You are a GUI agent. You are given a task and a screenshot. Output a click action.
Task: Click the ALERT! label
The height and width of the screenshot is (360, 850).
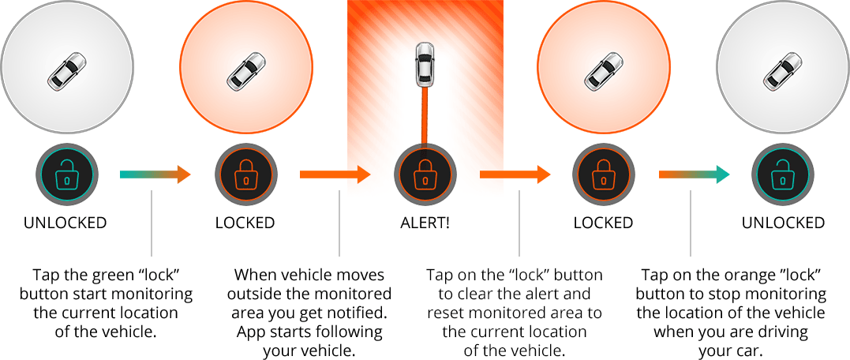click(x=425, y=223)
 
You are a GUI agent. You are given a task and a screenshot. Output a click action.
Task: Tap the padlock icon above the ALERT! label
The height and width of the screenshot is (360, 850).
click(x=425, y=174)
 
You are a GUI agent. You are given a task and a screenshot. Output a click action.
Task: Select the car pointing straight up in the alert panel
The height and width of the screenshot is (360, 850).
click(x=425, y=66)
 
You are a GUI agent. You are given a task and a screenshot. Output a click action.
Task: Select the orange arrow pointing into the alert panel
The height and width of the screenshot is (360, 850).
click(x=335, y=174)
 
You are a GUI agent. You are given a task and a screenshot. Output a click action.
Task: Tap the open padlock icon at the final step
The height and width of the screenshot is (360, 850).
click(x=782, y=174)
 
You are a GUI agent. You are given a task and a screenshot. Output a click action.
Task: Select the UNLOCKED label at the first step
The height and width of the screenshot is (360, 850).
click(x=65, y=223)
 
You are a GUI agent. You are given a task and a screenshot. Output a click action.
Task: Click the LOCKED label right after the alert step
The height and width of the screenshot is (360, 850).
click(x=603, y=223)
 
